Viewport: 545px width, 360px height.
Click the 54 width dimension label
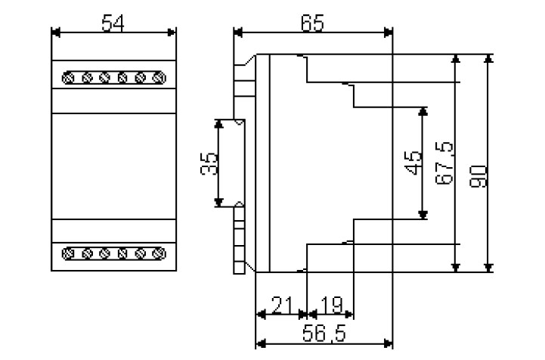pyautogui.click(x=113, y=23)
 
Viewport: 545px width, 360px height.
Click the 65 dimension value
pyautogui.click(x=312, y=23)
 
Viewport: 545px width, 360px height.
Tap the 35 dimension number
pyautogui.click(x=209, y=163)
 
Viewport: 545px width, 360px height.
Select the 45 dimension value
pyautogui.click(x=413, y=163)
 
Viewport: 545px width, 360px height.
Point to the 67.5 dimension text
pyautogui.click(x=444, y=163)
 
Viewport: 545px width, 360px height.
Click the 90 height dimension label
pyautogui.click(x=478, y=176)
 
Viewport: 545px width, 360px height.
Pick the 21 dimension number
pyautogui.click(x=283, y=305)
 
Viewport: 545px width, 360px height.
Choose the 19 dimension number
pyautogui.click(x=332, y=305)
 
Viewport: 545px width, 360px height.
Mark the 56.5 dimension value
pyautogui.click(x=324, y=334)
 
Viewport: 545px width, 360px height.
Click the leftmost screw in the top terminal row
pyautogui.click(x=69, y=78)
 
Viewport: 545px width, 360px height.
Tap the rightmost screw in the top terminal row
pyautogui.click(x=159, y=78)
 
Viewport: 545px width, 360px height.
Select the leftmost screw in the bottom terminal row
pyautogui.click(x=69, y=253)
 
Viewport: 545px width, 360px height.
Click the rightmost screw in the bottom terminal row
pyautogui.click(x=159, y=253)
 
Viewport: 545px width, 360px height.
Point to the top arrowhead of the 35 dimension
pyautogui.click(x=218, y=124)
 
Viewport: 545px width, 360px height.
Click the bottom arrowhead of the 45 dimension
pyautogui.click(x=423, y=215)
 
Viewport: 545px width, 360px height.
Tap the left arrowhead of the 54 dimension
pyautogui.click(x=56, y=33)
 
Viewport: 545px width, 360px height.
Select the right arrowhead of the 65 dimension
pyautogui.click(x=389, y=33)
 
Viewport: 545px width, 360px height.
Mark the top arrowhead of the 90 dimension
pyautogui.click(x=489, y=59)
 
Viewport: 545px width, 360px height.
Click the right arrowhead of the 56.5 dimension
pyautogui.click(x=389, y=344)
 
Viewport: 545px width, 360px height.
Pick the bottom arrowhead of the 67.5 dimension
pyautogui.click(x=456, y=268)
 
